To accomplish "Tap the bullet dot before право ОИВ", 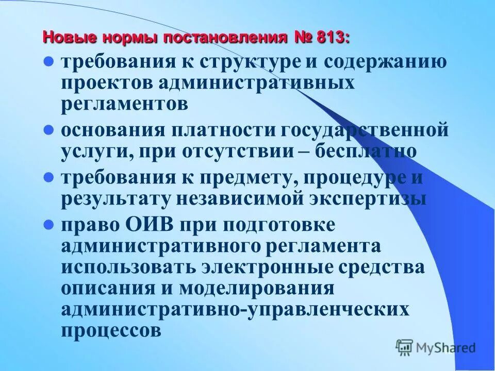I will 48,225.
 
